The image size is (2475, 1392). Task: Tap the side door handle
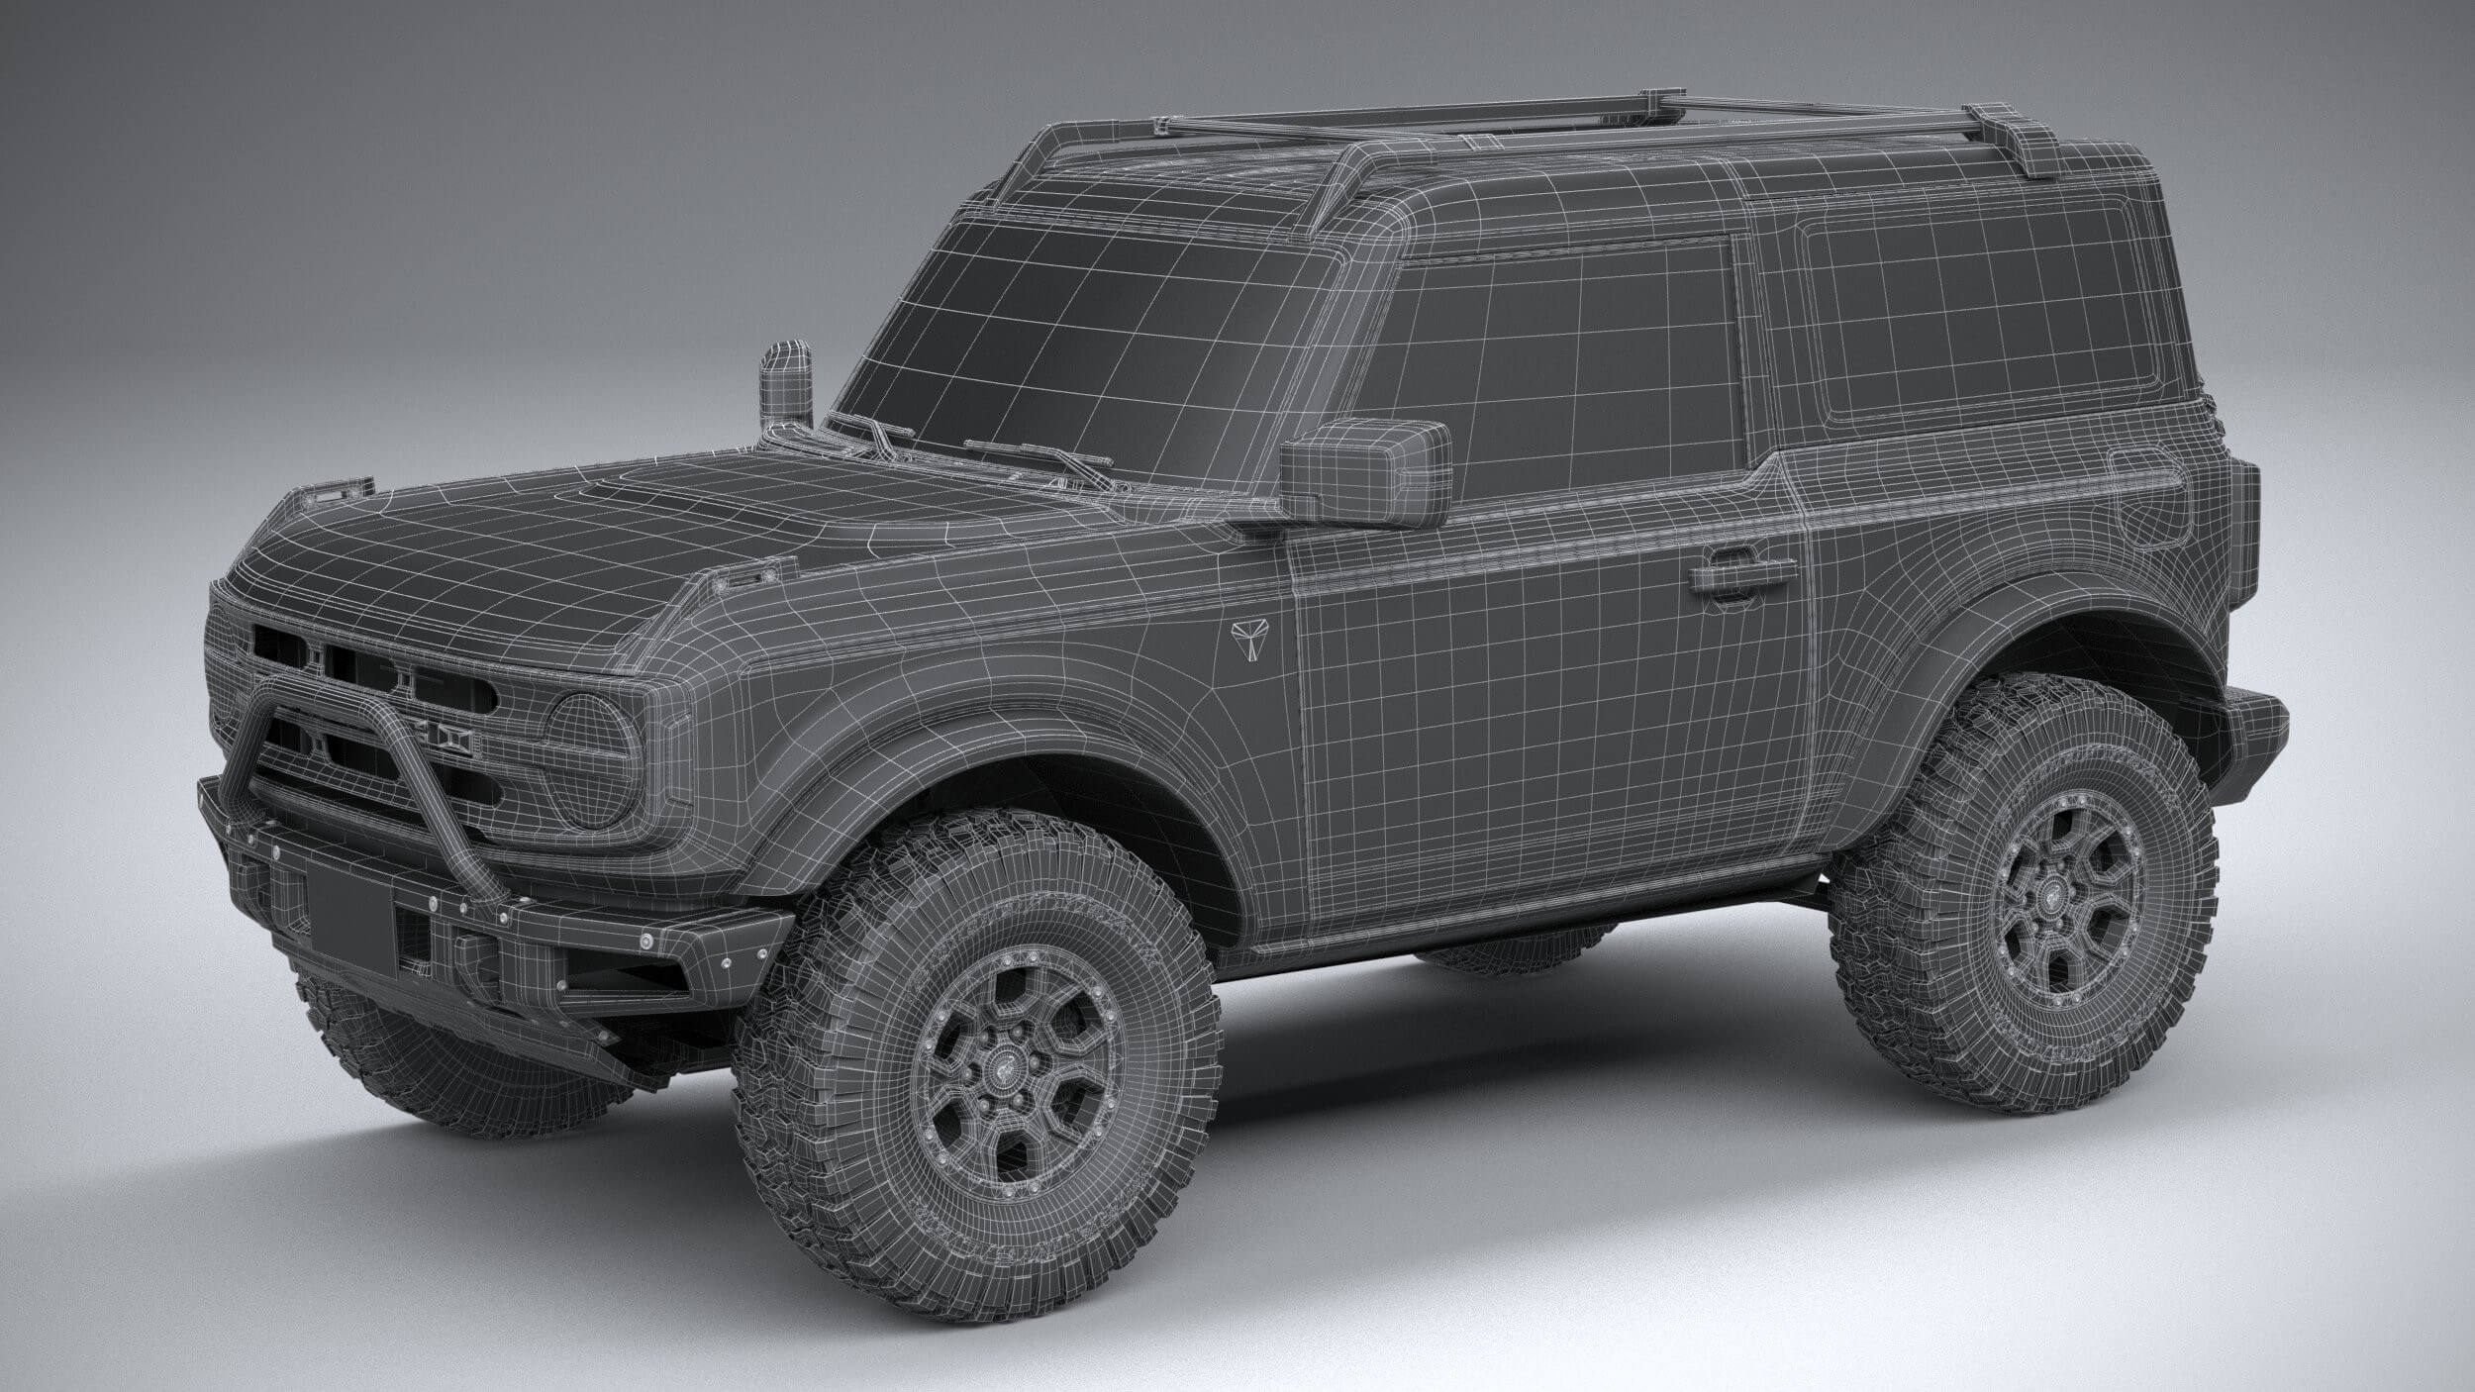pos(1742,573)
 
